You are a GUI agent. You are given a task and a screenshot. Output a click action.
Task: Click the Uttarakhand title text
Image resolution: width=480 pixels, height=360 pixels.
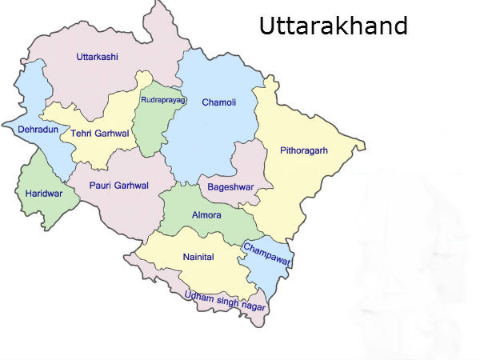pos(333,26)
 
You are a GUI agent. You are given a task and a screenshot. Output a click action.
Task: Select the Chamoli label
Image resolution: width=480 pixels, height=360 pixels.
pos(218,102)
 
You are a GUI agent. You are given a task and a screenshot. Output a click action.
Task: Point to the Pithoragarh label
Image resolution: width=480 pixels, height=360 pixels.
pos(304,150)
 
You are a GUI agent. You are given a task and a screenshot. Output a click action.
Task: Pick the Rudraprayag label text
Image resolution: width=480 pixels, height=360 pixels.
pos(163,99)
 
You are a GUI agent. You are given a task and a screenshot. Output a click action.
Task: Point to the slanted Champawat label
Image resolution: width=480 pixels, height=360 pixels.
pos(266,254)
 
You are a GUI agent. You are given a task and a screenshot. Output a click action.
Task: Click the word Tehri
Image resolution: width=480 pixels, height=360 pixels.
pos(83,134)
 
